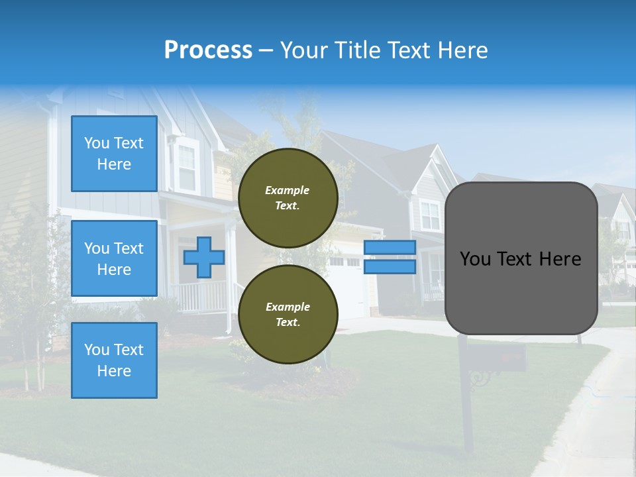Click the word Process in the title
click(208, 50)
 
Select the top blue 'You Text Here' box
click(114, 154)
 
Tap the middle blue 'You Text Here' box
click(114, 258)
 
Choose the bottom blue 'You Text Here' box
click(114, 360)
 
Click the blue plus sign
click(203, 258)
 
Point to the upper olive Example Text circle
click(288, 198)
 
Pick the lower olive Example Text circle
click(288, 315)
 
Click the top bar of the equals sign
click(390, 247)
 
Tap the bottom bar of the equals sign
click(390, 267)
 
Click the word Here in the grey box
click(560, 259)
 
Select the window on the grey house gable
click(429, 215)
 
